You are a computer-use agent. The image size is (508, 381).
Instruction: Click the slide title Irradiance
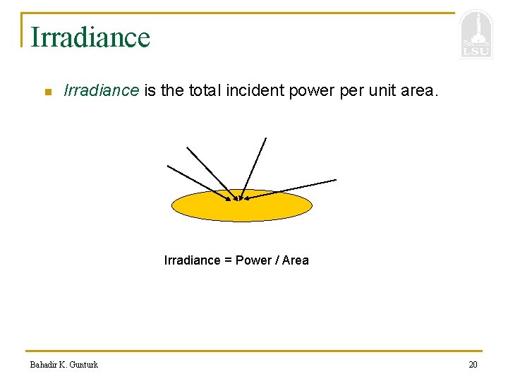point(90,37)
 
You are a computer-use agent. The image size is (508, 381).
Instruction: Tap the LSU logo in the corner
point(476,35)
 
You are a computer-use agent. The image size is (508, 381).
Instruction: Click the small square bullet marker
point(48,92)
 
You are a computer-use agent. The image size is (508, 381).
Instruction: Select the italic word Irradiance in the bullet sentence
point(102,90)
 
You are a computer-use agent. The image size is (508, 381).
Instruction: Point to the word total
point(204,90)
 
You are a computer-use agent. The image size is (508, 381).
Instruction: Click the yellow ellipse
point(242,208)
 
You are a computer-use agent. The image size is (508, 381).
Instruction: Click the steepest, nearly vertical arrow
point(254,167)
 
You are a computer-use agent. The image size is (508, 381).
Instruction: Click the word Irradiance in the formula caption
point(192,260)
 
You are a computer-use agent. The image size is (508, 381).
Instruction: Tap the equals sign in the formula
point(228,260)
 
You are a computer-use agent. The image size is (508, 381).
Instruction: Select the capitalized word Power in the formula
point(252,260)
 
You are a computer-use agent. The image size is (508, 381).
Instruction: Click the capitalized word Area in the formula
point(295,260)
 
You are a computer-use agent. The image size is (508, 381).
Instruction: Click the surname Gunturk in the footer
point(84,365)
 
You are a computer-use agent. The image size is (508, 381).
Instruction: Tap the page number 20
point(473,365)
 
